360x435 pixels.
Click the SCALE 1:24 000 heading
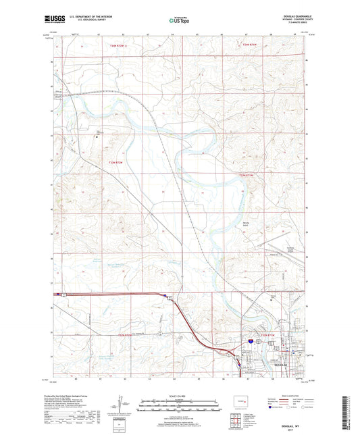pos(179,396)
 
